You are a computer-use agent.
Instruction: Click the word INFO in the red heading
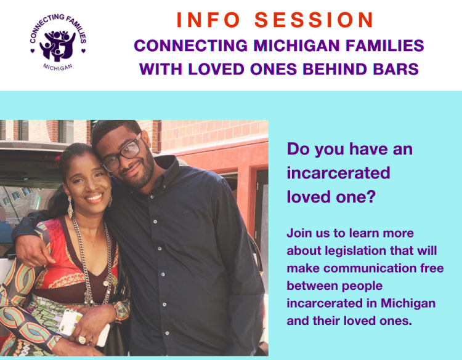coord(208,20)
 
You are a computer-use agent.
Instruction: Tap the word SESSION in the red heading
coord(314,20)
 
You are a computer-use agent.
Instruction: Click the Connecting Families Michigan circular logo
coord(58,42)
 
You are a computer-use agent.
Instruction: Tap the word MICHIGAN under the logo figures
coord(58,67)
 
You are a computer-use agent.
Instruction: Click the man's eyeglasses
coord(122,153)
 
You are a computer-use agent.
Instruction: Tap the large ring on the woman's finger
coord(81,340)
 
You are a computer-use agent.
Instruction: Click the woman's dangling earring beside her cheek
coord(70,207)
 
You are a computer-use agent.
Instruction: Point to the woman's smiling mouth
coord(94,198)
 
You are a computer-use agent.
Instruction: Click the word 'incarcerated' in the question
coord(338,173)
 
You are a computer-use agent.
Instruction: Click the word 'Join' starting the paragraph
coord(297,233)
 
